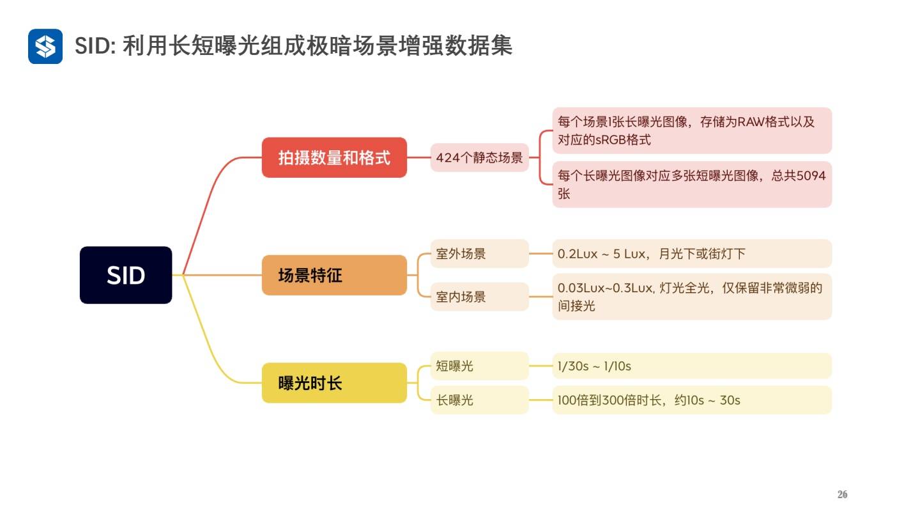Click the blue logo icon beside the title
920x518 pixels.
pyautogui.click(x=45, y=46)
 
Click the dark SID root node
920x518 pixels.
pyautogui.click(x=126, y=275)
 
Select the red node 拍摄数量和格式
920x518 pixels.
pyautogui.click(x=334, y=157)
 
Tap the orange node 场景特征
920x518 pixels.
pyautogui.click(x=334, y=275)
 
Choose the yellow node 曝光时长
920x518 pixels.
pyautogui.click(x=334, y=383)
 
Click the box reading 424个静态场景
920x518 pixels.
pyautogui.click(x=479, y=157)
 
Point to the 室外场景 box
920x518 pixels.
pyautogui.click(x=479, y=253)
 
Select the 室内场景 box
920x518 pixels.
pyautogui.click(x=479, y=297)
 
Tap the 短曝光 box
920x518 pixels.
pyautogui.click(x=479, y=366)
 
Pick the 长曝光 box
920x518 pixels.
pyautogui.click(x=479, y=400)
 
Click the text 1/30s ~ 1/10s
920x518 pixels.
pyautogui.click(x=594, y=366)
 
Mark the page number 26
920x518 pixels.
pyautogui.click(x=842, y=494)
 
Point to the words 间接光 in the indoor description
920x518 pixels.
pyautogui.click(x=576, y=306)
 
